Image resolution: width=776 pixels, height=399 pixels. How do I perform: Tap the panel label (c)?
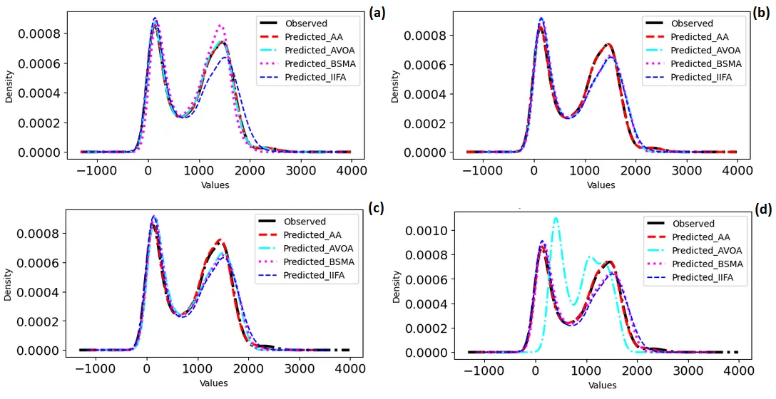point(377,207)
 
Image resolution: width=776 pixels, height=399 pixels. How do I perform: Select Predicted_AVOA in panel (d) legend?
point(707,251)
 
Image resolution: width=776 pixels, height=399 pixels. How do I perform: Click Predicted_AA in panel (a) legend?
point(310,37)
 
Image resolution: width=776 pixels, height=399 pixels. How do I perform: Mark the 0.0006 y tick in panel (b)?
point(427,64)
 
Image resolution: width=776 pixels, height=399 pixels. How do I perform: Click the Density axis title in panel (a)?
point(9,87)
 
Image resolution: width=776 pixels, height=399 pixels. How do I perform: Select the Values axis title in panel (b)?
point(601,185)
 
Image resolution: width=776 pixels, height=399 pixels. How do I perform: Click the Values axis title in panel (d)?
point(602,385)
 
